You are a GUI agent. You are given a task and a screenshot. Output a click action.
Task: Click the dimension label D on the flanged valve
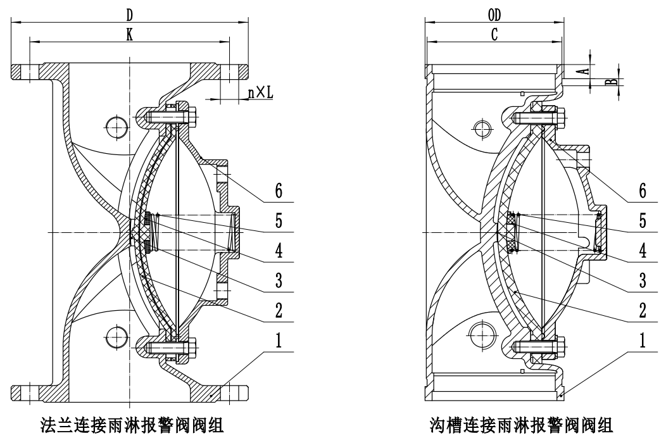(130, 13)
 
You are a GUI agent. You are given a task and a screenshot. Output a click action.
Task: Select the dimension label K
(130, 35)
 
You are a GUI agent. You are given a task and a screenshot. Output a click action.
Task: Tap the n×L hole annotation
(260, 93)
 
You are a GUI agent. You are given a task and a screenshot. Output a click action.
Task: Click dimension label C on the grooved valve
(493, 36)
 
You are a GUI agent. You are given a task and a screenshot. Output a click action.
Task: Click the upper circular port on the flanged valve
(116, 127)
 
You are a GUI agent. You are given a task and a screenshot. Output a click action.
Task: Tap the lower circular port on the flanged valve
(116, 334)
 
